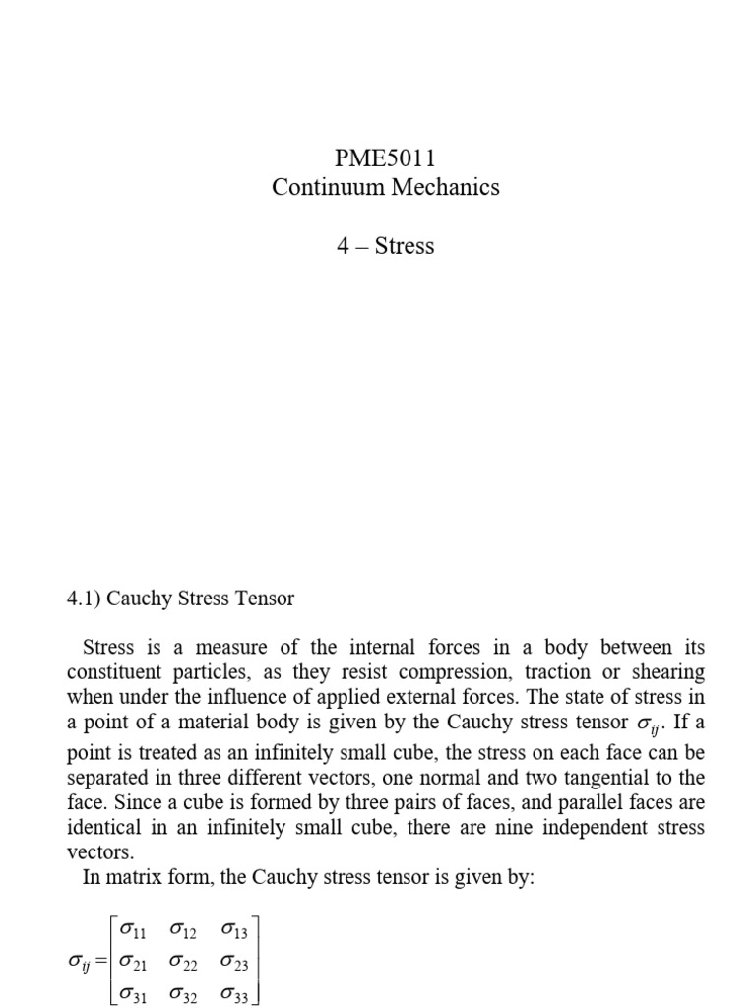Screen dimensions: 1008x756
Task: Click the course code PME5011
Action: coord(385,157)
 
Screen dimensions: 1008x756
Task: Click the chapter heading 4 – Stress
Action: coord(385,245)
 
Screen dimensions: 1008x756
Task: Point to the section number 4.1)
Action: coord(83,598)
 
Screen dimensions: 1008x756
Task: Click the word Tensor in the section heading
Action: coord(264,598)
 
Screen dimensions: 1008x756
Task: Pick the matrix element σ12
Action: coord(184,928)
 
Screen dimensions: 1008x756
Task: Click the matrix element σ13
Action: coord(235,928)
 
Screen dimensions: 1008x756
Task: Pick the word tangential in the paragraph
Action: coord(591,777)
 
